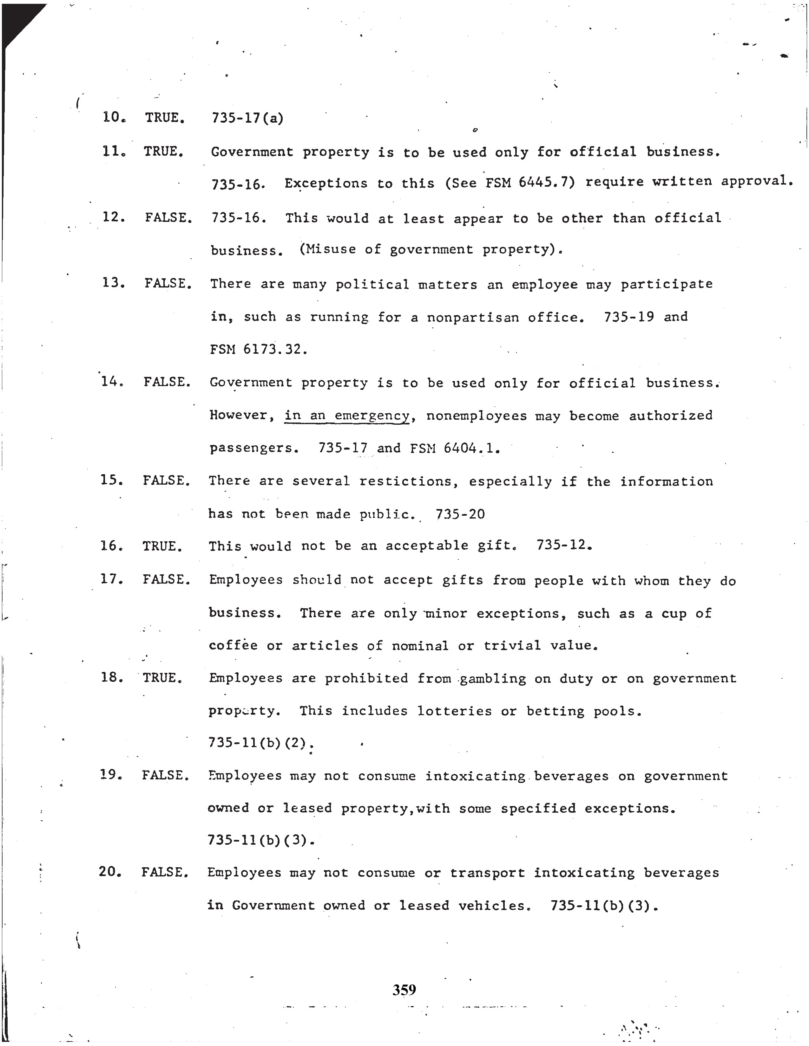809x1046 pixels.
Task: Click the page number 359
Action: (404, 989)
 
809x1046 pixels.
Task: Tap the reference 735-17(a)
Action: (247, 118)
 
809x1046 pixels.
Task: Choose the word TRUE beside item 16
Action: (162, 546)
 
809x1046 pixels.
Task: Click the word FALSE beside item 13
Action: (168, 284)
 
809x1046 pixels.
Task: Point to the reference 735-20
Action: (460, 514)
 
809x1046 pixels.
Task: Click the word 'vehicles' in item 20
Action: (494, 905)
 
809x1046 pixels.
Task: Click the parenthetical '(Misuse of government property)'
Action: (431, 249)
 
